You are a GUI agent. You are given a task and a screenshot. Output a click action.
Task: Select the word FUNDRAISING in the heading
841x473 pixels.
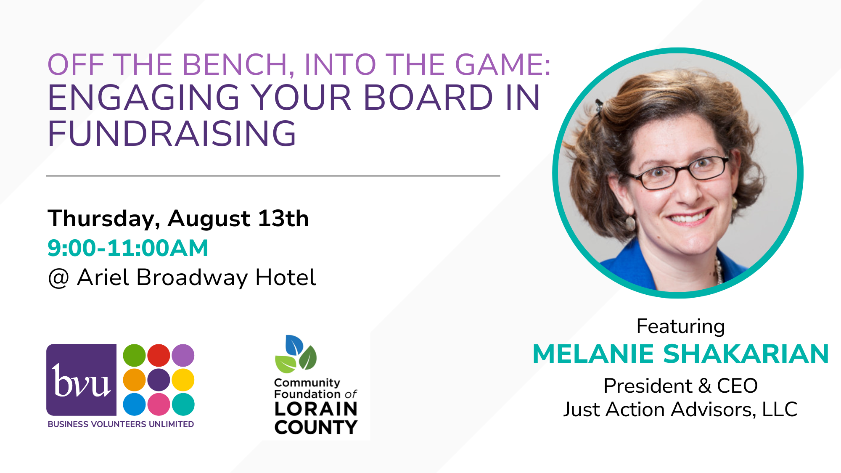coord(172,134)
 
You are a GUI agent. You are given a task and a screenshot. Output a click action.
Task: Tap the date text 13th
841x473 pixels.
coord(283,218)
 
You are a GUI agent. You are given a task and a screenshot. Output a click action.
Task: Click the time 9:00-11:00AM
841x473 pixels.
coord(128,248)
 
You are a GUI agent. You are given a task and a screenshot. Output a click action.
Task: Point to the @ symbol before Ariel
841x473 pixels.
coord(58,278)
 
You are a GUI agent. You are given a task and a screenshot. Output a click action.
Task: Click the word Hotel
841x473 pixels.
coord(286,277)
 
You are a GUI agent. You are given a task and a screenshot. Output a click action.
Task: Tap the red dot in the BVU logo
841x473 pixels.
coord(159,355)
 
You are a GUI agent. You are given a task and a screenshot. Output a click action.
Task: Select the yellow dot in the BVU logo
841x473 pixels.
coord(183,380)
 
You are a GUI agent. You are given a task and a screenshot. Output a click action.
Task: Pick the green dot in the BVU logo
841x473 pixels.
coord(134,355)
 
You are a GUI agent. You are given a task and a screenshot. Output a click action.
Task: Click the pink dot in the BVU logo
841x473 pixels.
coord(159,404)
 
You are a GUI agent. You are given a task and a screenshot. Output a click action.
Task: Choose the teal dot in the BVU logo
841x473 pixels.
coord(183,404)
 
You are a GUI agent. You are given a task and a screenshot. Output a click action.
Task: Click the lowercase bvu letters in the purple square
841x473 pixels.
coord(81,381)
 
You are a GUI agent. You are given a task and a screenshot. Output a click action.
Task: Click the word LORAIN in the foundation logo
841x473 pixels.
coord(316,409)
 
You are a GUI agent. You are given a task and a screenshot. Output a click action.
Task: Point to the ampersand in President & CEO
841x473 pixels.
coord(705,386)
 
